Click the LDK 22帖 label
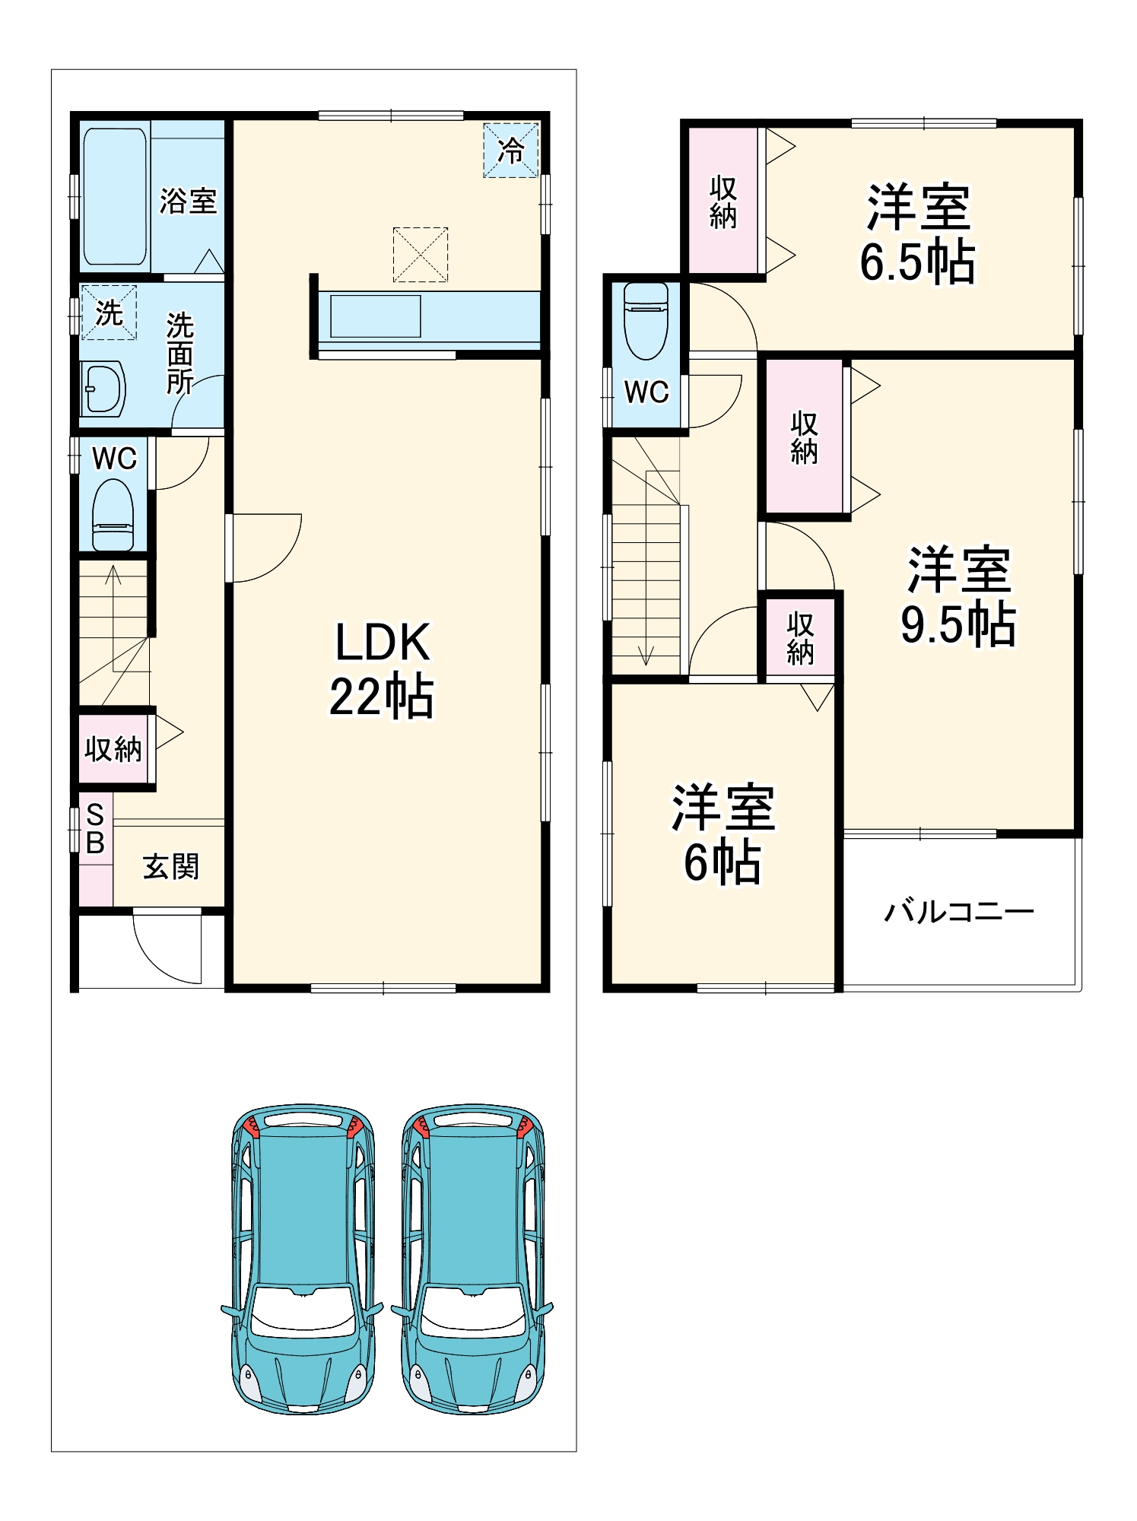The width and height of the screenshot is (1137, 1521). (382, 669)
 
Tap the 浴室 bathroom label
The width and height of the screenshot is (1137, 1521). (188, 201)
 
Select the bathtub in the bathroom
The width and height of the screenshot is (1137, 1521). (115, 196)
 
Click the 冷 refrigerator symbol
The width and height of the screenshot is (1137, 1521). (511, 150)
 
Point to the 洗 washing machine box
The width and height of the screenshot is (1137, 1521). (109, 313)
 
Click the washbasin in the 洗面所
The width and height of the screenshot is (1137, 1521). (103, 389)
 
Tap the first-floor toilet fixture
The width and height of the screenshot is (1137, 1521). (113, 514)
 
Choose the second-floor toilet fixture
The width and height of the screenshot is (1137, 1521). (646, 320)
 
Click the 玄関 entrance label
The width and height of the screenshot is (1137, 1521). (171, 866)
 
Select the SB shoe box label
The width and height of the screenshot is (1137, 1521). (95, 829)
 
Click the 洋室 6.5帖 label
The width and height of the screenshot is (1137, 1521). (918, 233)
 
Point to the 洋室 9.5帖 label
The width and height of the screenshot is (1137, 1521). (958, 595)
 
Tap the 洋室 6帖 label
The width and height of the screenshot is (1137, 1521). (723, 834)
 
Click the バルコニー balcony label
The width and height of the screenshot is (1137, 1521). (959, 911)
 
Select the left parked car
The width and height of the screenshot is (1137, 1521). (303, 1259)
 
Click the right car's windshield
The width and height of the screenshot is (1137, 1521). (473, 1310)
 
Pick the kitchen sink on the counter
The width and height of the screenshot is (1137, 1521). (376, 316)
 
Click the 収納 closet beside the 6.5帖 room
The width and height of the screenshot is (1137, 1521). (723, 202)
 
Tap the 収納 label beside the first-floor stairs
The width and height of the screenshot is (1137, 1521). (113, 749)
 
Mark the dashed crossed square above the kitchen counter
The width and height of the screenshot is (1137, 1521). (421, 255)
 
